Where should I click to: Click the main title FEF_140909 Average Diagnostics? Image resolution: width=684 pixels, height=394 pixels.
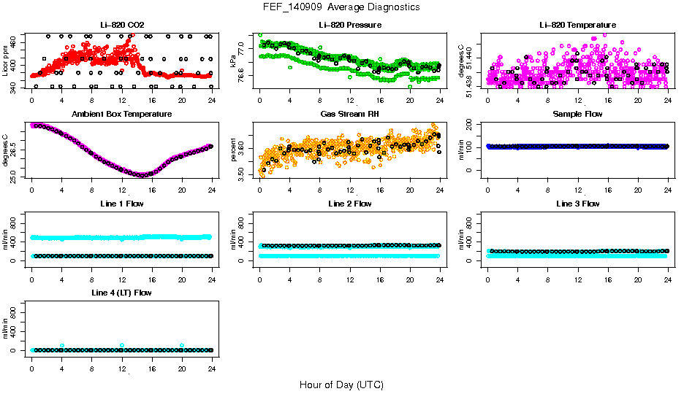click(342, 7)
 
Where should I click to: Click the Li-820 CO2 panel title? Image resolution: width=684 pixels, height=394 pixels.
click(122, 25)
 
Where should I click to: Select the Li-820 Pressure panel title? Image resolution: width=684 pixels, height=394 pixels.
click(350, 25)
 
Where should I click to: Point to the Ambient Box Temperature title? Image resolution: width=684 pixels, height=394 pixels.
click(122, 114)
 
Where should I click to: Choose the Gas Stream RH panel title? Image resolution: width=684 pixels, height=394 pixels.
click(350, 114)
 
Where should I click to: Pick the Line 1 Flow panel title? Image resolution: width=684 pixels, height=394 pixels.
click(122, 204)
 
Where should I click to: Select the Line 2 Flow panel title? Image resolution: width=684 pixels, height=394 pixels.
click(350, 204)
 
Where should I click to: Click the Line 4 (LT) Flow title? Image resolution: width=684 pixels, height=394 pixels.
click(122, 293)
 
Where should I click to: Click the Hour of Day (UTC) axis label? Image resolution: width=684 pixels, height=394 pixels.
click(341, 385)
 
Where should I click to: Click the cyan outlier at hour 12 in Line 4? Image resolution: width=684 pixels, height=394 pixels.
click(122, 345)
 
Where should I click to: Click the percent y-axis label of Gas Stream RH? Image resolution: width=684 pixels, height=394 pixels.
click(233, 150)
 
